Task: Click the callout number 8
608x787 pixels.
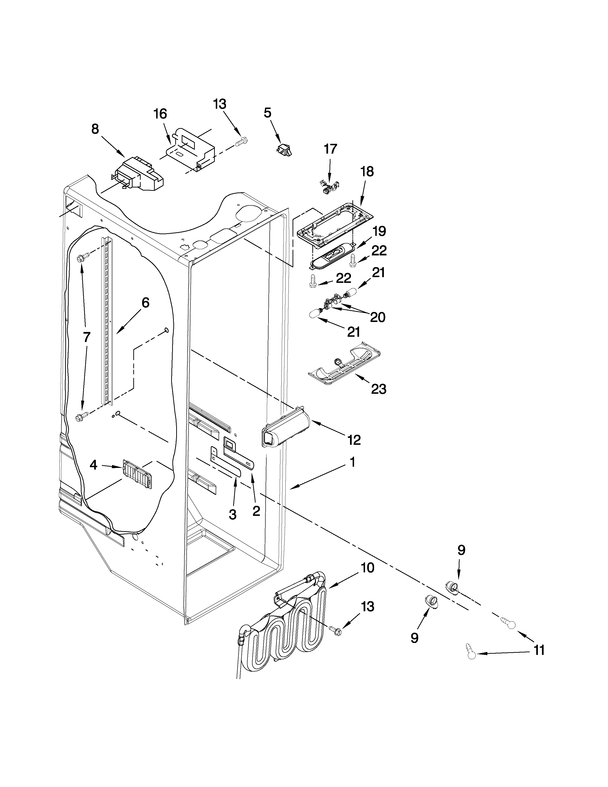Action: (x=95, y=129)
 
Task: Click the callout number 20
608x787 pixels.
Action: (x=377, y=317)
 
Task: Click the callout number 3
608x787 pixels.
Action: (x=233, y=515)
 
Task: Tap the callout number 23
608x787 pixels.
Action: (x=379, y=389)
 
